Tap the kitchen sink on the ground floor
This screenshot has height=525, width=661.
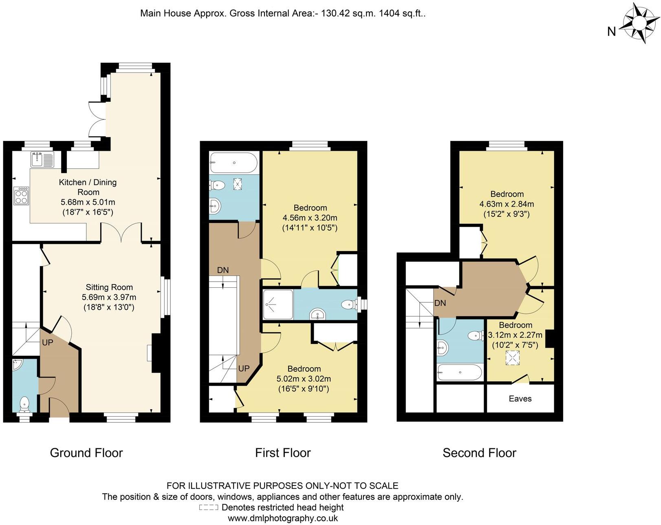[x=42, y=159]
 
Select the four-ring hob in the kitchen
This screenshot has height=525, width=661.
[x=22, y=196]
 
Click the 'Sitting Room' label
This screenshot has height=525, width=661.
[x=109, y=287]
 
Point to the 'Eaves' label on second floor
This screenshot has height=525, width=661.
[x=520, y=399]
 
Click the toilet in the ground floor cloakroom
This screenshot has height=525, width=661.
[x=25, y=404]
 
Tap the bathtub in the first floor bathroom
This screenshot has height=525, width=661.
[x=234, y=163]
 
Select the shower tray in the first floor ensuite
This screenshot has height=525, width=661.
[x=278, y=304]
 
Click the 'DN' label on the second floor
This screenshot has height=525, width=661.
[x=440, y=303]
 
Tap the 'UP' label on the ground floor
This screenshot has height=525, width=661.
[x=48, y=343]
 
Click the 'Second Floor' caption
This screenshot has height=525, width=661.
[x=479, y=453]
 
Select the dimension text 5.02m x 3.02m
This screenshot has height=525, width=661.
[x=304, y=379]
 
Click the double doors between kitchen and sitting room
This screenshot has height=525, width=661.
[x=121, y=233]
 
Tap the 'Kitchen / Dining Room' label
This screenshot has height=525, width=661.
[x=88, y=187]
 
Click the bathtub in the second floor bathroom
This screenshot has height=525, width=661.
[x=459, y=372]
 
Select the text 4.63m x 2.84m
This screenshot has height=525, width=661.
[x=507, y=204]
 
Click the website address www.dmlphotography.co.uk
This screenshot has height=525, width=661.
[x=282, y=518]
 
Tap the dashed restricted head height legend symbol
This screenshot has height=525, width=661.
[x=209, y=507]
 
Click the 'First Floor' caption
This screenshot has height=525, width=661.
[x=283, y=453]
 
